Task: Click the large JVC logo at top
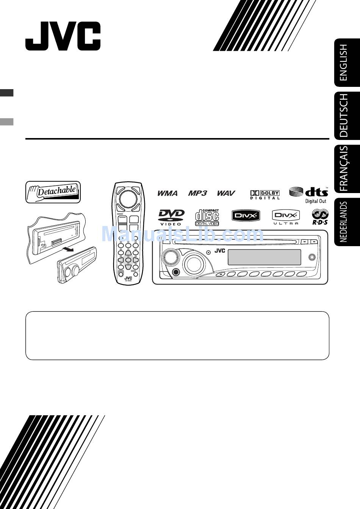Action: [x=63, y=36]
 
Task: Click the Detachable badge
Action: [x=53, y=192]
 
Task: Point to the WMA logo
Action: [x=167, y=193]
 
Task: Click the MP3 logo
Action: [x=198, y=193]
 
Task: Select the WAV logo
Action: [x=226, y=193]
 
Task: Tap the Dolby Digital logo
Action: [x=265, y=195]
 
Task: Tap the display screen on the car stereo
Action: [x=264, y=257]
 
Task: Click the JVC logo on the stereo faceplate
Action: [x=220, y=251]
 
